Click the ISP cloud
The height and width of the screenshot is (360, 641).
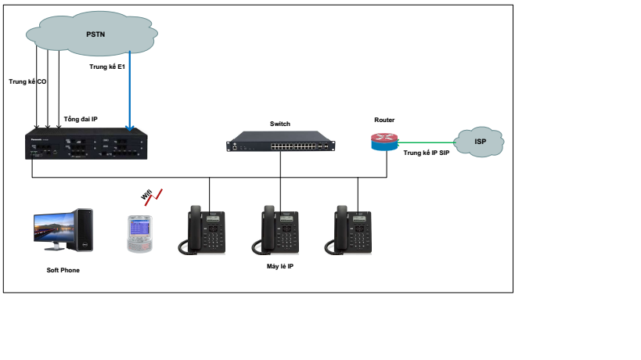480,142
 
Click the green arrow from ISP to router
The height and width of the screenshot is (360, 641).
426,142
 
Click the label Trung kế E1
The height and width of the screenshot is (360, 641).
107,67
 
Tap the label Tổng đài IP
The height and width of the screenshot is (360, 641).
81,119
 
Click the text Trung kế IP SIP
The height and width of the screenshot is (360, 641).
426,153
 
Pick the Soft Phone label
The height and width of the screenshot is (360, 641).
63,270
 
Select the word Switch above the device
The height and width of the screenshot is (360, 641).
279,124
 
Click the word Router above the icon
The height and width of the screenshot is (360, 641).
384,120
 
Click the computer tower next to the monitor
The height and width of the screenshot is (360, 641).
84,230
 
